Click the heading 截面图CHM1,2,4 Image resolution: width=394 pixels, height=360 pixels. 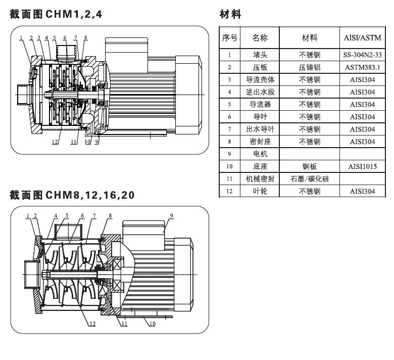(56, 14)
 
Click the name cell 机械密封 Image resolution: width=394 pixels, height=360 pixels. (260, 178)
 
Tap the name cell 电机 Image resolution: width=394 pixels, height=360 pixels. (260, 154)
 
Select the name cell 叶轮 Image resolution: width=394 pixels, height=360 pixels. (260, 191)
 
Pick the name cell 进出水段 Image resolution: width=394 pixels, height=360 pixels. (260, 92)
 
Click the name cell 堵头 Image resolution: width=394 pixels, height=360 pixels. (260, 54)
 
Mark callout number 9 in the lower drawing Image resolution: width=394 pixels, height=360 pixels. (171, 215)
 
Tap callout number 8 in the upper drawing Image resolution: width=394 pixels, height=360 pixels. (85, 37)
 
